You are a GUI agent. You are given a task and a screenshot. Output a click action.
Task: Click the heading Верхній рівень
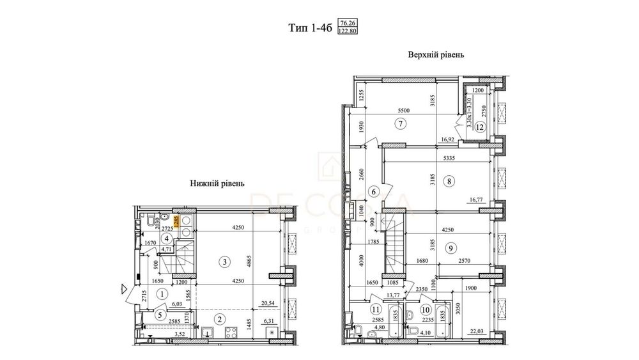pyautogui.click(x=436, y=55)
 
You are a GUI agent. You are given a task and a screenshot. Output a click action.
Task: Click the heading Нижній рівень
pyautogui.click(x=218, y=183)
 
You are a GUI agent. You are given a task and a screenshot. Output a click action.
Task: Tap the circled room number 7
pyautogui.click(x=401, y=124)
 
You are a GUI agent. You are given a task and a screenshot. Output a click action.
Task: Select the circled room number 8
pyautogui.click(x=450, y=181)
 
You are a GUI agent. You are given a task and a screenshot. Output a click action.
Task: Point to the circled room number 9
pyautogui.click(x=452, y=248)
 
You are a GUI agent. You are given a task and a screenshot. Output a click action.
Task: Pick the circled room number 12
pyautogui.click(x=479, y=127)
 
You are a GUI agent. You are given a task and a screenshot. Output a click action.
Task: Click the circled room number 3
pyautogui.click(x=224, y=261)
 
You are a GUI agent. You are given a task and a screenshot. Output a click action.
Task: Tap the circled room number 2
pyautogui.click(x=219, y=318)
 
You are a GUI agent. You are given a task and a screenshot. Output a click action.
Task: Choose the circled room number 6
pyautogui.click(x=374, y=191)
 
